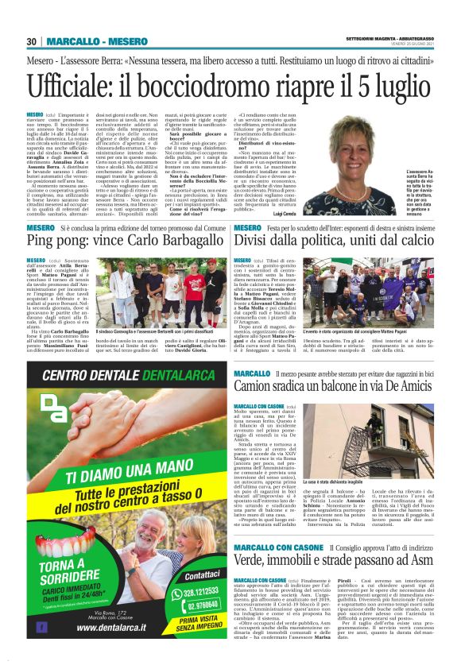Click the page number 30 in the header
click(32, 41)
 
